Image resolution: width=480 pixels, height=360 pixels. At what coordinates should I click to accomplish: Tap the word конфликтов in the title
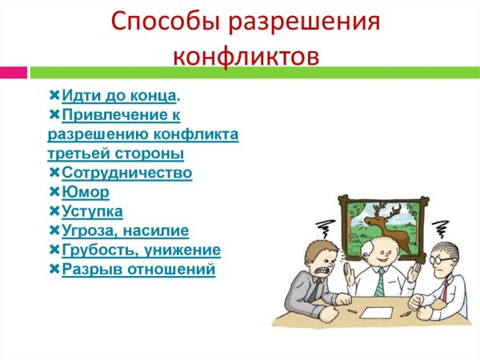[x=246, y=55]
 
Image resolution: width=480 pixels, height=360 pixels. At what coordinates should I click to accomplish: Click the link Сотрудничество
[x=126, y=173]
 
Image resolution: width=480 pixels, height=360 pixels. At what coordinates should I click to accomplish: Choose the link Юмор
[x=86, y=192]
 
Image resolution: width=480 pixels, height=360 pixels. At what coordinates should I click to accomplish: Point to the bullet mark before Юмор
[x=54, y=192]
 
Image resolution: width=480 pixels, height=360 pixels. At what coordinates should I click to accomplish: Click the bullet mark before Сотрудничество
[x=54, y=173]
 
